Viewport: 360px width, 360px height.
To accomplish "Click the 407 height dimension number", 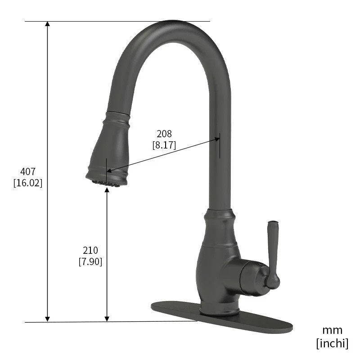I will (28, 171).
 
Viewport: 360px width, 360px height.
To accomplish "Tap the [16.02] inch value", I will (28, 183).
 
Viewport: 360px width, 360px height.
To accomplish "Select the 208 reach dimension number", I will (164, 134).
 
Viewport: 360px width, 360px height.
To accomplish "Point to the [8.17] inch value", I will (164, 145).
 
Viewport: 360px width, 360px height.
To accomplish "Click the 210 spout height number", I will (90, 250).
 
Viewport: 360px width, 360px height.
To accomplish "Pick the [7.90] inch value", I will (90, 261).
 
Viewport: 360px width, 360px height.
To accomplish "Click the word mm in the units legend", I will (332, 330).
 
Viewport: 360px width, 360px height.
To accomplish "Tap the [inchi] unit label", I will (332, 343).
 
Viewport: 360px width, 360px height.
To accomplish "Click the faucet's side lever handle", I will (273, 252).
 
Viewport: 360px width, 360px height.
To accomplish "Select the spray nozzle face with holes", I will (106, 183).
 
